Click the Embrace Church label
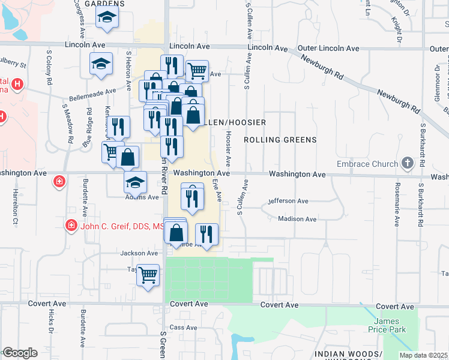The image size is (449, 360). pyautogui.click(x=368, y=164)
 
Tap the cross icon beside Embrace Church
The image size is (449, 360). pyautogui.click(x=408, y=163)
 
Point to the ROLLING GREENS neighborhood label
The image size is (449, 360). pyautogui.click(x=280, y=140)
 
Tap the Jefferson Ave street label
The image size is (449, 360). pyautogui.click(x=288, y=201)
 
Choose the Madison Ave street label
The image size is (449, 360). pyautogui.click(x=297, y=219)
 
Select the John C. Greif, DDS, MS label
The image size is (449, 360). pyautogui.click(x=122, y=226)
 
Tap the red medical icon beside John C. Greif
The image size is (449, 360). pyautogui.click(x=71, y=225)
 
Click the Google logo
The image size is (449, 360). pyautogui.click(x=20, y=353)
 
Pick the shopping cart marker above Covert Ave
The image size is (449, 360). pyautogui.click(x=148, y=275)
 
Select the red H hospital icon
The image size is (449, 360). pyautogui.click(x=17, y=83)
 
